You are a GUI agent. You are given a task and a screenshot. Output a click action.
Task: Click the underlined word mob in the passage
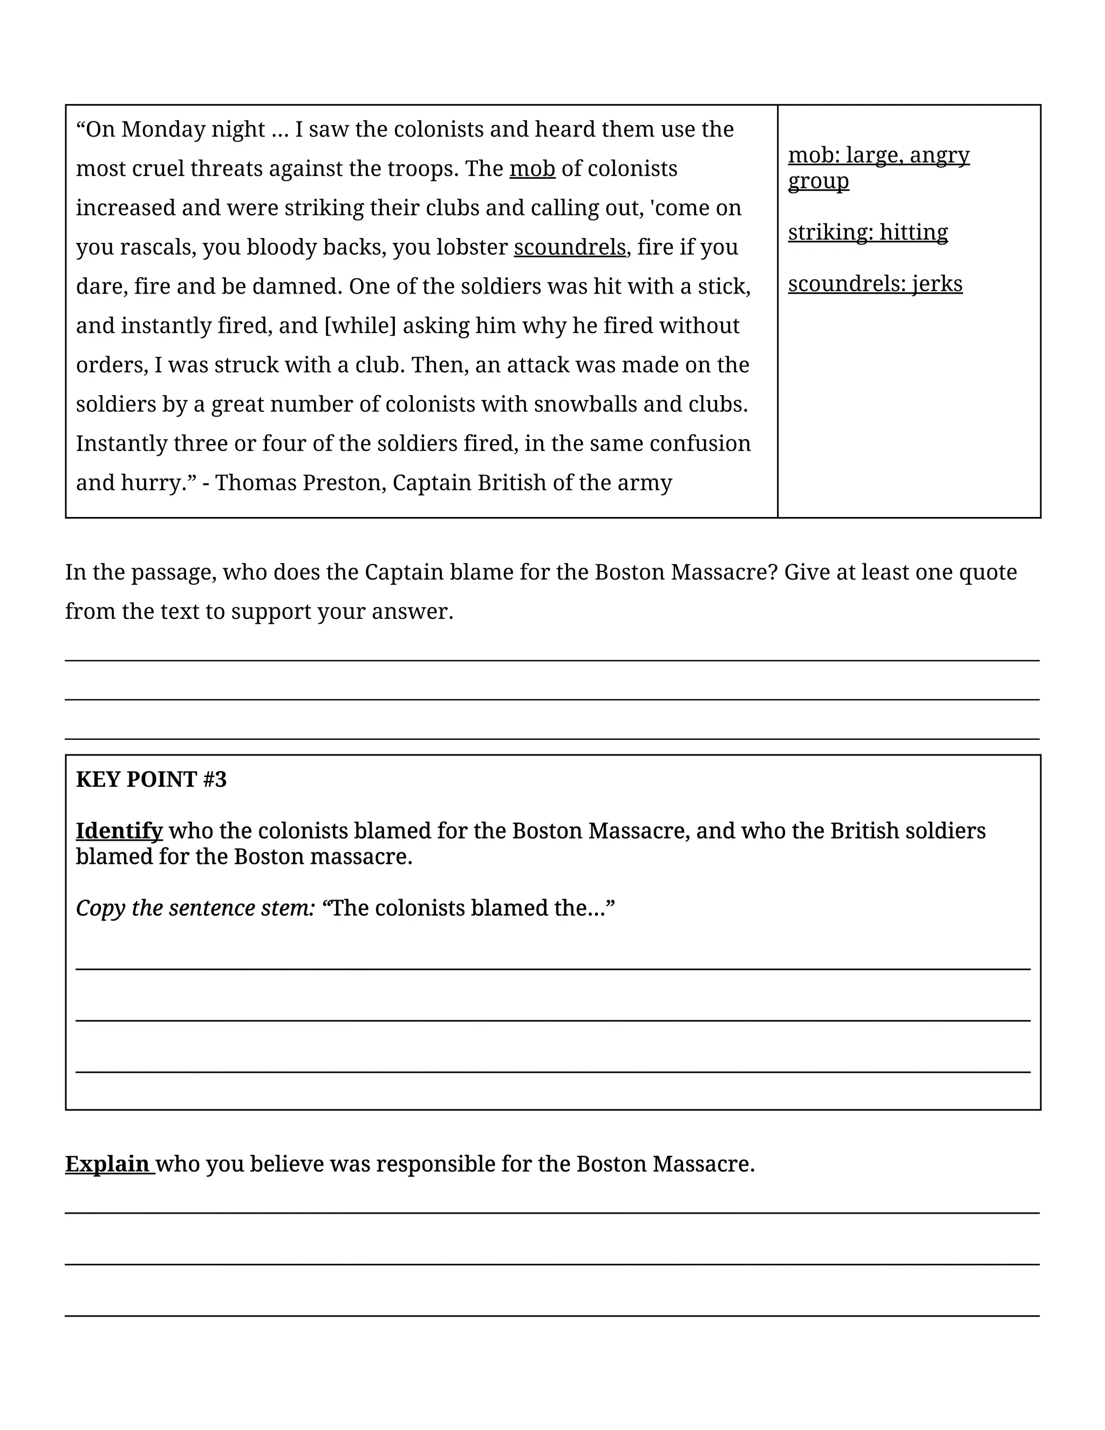[532, 169]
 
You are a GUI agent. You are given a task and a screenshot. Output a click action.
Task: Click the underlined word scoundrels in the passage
[570, 248]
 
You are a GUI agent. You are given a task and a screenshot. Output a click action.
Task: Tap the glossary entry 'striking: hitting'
[868, 233]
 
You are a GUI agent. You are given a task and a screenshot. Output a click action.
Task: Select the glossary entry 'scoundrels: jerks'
[875, 284]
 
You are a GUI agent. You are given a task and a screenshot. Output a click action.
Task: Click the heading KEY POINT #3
[151, 779]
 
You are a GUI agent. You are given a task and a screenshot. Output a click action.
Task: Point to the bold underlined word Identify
[119, 831]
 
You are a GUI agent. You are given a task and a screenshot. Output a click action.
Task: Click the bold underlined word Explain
[108, 1163]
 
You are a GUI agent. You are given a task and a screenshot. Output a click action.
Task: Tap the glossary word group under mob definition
[818, 181]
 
